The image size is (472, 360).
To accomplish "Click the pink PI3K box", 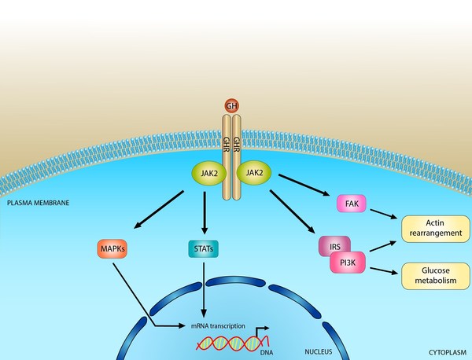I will pyautogui.click(x=346, y=262).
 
